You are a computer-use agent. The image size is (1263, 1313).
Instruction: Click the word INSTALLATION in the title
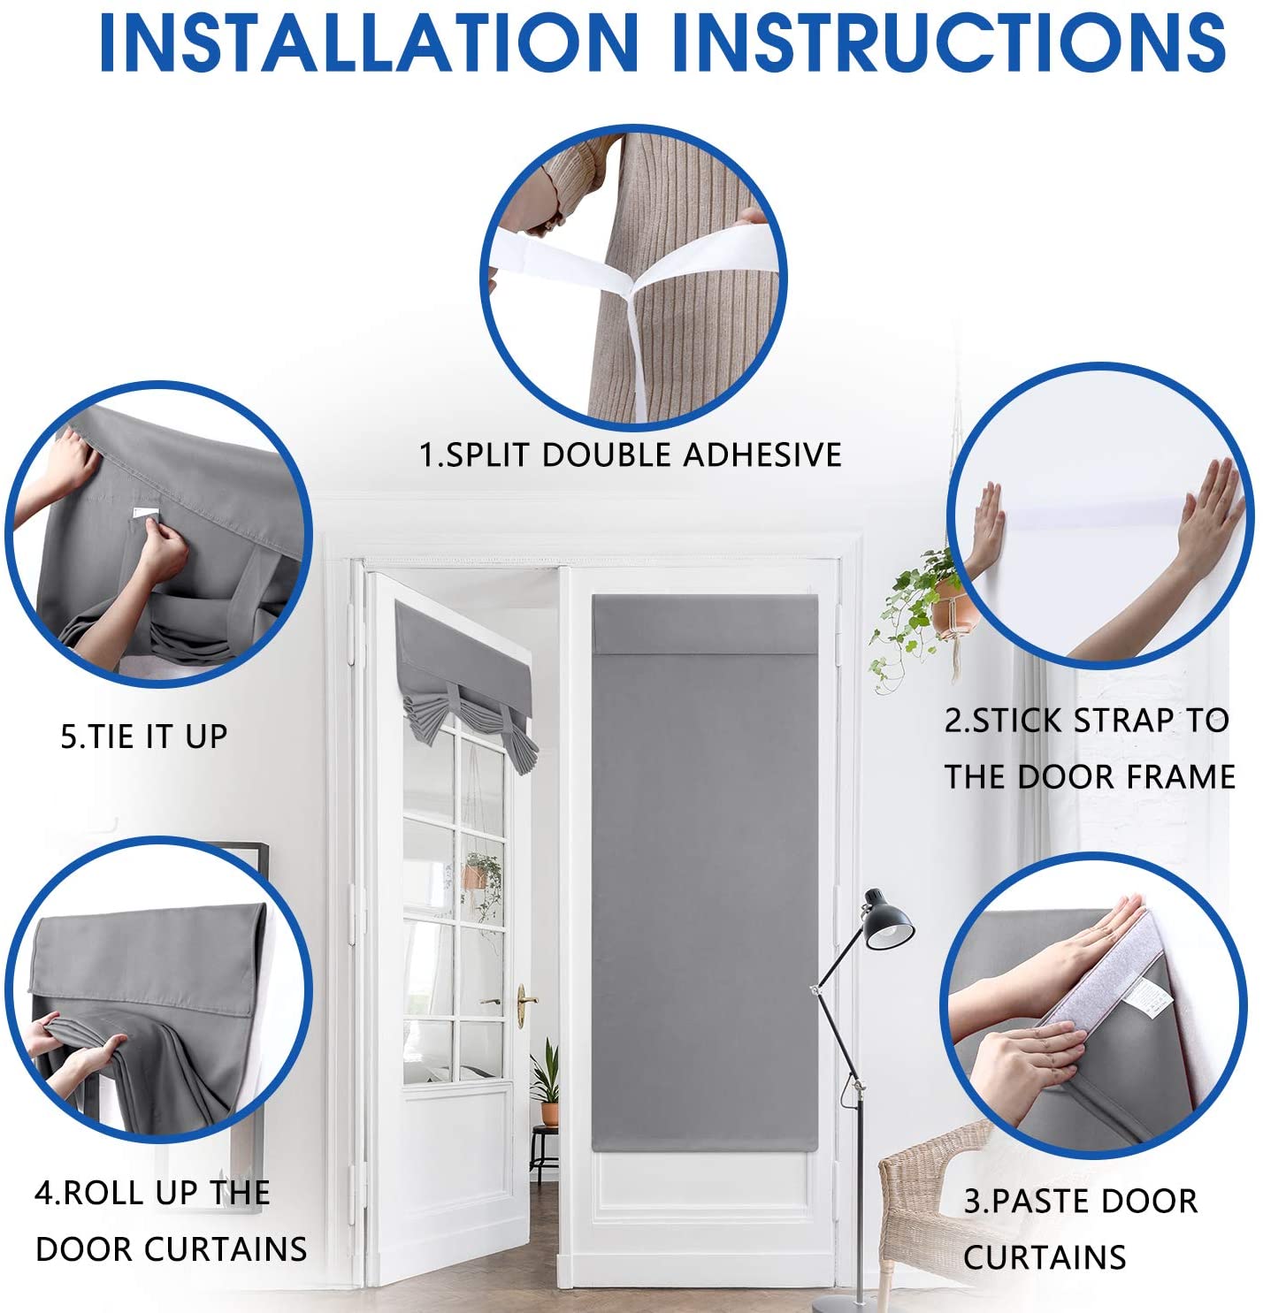tap(369, 42)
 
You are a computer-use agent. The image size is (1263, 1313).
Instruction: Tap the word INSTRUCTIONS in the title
tap(948, 42)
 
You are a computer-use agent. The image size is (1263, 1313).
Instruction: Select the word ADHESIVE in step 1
tap(762, 454)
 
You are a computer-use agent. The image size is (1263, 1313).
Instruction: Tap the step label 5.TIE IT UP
tap(144, 737)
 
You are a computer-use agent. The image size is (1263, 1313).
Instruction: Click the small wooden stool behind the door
tap(543, 1152)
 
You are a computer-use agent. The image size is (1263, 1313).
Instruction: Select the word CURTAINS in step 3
tap(1045, 1257)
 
